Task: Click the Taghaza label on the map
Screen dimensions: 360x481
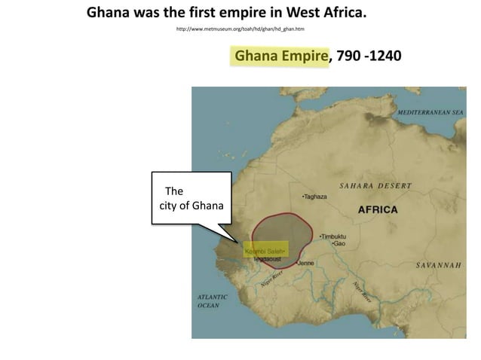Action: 316,197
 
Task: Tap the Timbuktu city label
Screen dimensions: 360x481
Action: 334,236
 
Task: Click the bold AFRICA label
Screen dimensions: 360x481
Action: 377,209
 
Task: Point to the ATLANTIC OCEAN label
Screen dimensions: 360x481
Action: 213,301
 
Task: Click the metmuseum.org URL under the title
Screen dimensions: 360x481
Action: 240,29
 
